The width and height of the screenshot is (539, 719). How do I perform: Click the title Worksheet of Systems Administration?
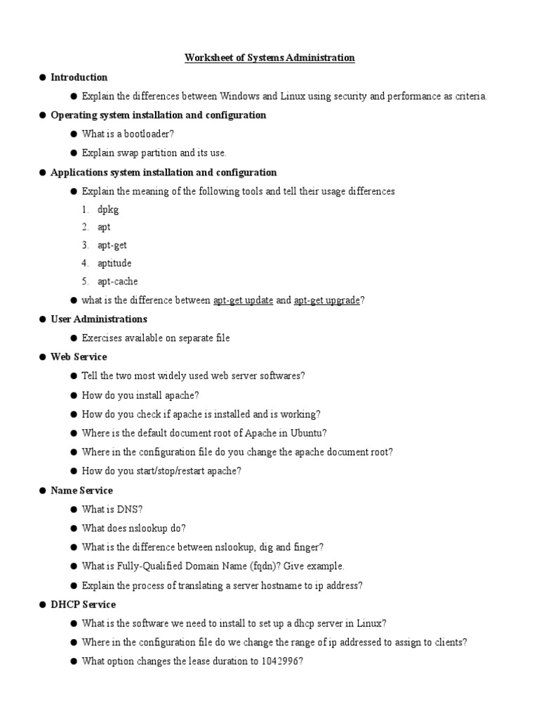(x=269, y=58)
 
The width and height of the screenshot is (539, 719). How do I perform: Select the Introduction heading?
(x=79, y=77)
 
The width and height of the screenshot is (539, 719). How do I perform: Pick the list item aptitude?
(x=114, y=263)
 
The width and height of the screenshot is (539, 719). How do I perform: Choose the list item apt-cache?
(x=118, y=282)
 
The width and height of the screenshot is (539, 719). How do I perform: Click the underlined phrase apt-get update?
(x=244, y=301)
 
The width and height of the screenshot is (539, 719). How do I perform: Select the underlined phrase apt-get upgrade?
(x=327, y=301)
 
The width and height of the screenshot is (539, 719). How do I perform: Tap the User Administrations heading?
(x=99, y=319)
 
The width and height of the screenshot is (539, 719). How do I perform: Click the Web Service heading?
(x=79, y=357)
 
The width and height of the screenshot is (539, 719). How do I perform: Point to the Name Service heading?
(x=81, y=490)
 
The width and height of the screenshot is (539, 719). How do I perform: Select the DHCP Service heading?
(x=84, y=605)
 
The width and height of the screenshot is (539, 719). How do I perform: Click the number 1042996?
(x=280, y=661)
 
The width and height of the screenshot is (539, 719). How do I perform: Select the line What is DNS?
(x=112, y=509)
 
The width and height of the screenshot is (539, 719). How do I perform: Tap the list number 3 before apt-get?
(x=84, y=244)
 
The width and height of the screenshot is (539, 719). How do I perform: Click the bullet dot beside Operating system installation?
(x=42, y=115)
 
